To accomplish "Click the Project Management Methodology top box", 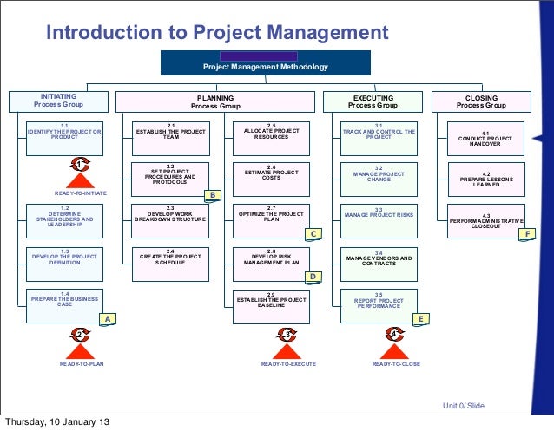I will [266, 62].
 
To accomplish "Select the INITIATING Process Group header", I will [58, 101].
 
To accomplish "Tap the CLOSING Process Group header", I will [481, 101].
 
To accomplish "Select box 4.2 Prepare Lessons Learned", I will [486, 179].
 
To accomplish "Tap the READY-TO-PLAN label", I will [81, 364].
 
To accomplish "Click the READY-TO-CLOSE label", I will [396, 364].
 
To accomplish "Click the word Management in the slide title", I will [312, 33].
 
